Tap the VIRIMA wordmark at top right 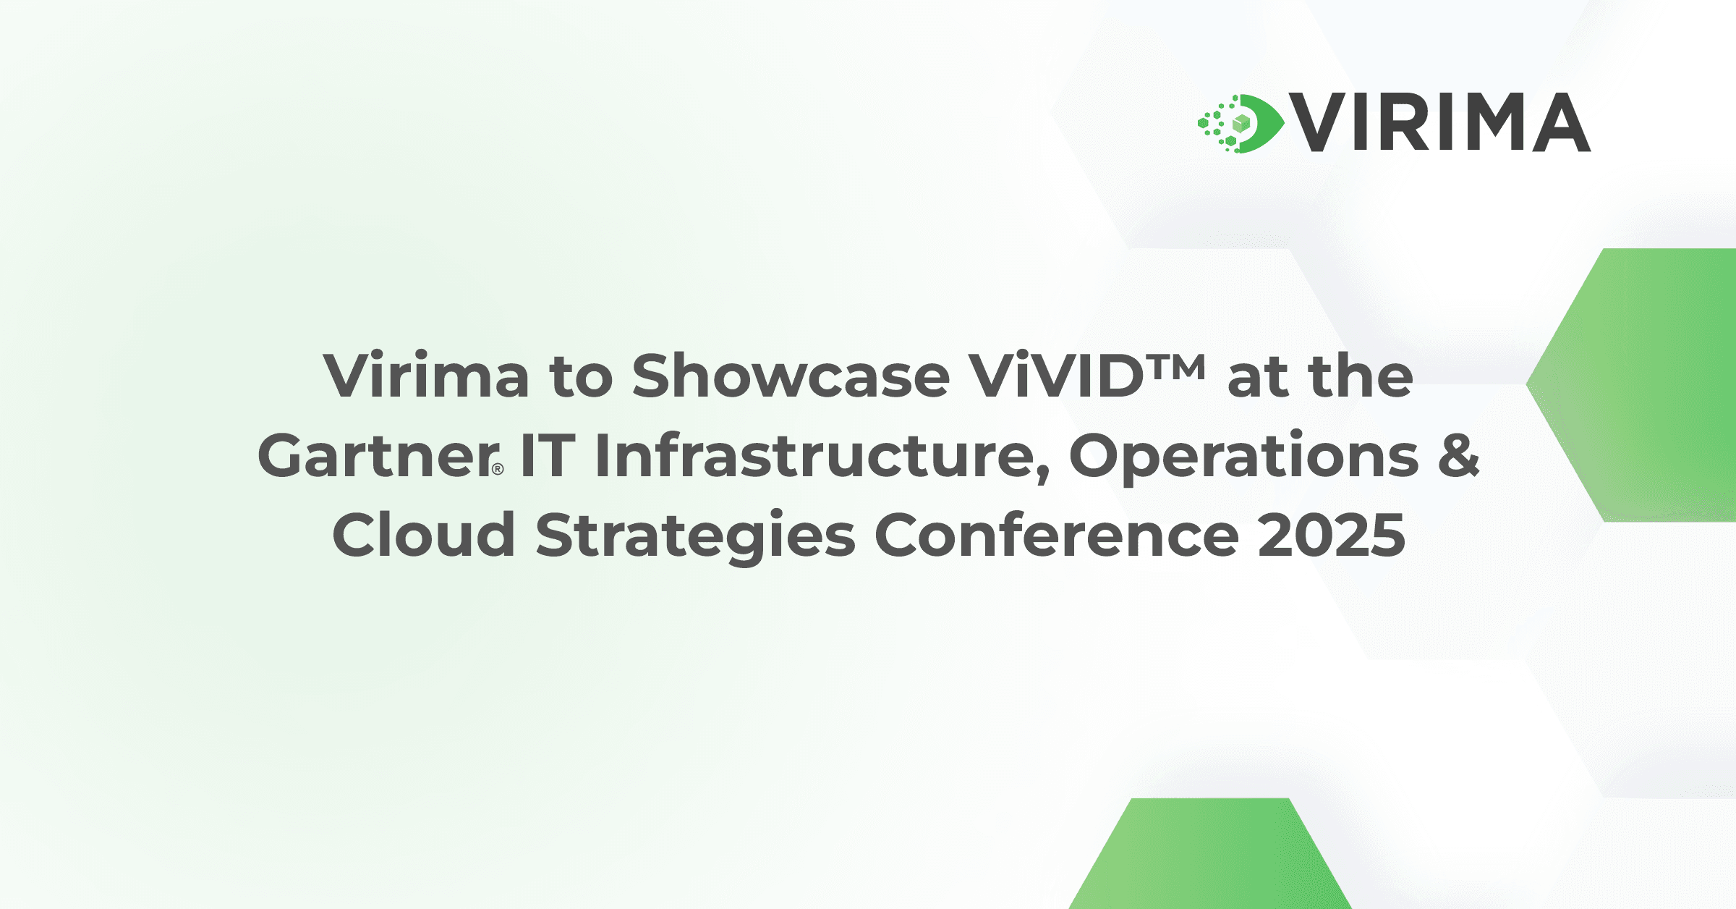click(x=1439, y=123)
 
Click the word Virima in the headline click(x=426, y=376)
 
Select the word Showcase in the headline click(x=790, y=376)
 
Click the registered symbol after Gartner click(x=498, y=469)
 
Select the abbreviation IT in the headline click(x=548, y=456)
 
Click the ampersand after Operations click(x=1458, y=456)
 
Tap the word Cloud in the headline click(x=424, y=536)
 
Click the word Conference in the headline click(x=1057, y=536)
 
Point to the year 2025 click(x=1331, y=536)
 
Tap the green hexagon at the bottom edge click(x=1209, y=858)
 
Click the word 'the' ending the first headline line click(x=1361, y=376)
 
